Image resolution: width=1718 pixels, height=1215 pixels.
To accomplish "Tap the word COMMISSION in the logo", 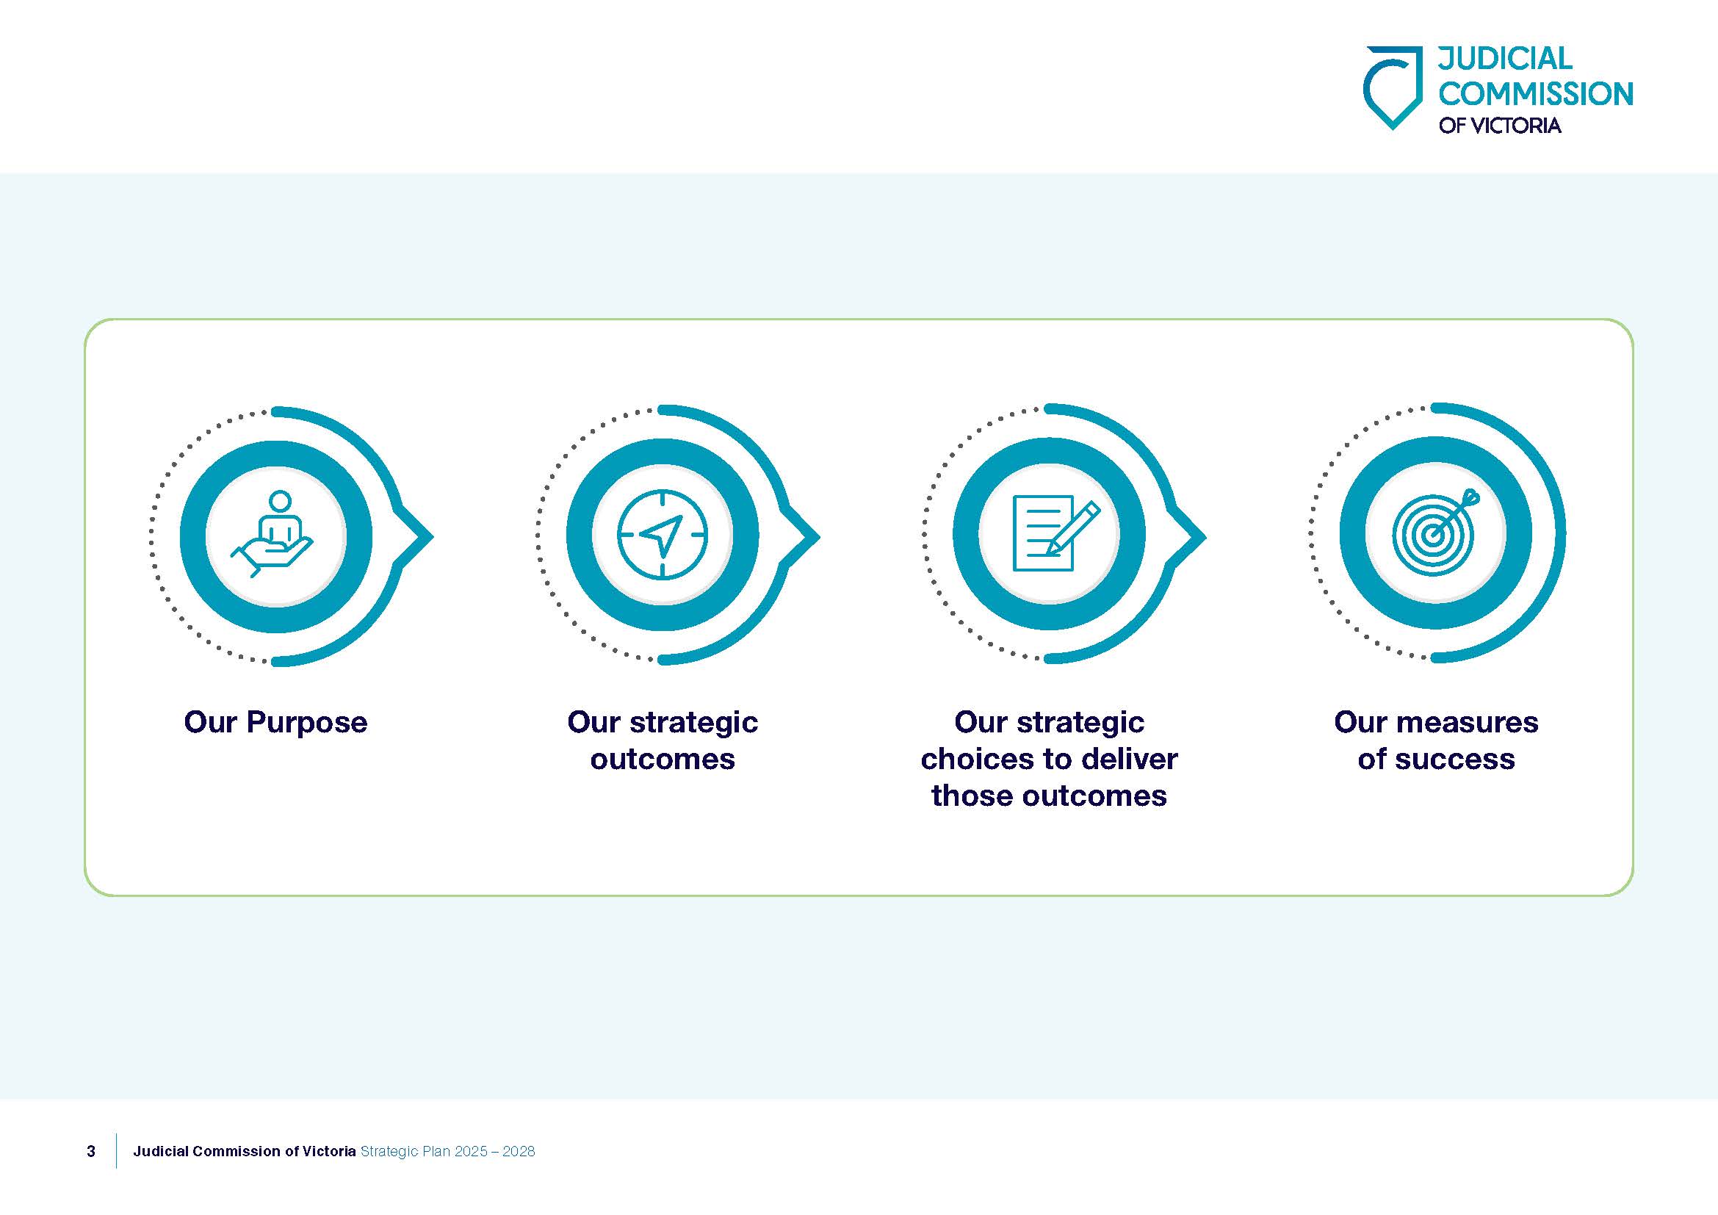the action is pos(1535,94).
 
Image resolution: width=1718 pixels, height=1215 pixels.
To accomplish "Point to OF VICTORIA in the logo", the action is pos(1500,126).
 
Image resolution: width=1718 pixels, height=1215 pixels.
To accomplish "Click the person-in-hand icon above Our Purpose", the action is pos(273,533).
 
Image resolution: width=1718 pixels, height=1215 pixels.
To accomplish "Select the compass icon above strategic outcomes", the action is pos(663,534).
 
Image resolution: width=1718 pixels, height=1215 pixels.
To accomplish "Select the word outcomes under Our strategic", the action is pos(663,760).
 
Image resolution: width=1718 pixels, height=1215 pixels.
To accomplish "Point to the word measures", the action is pos(1467,723).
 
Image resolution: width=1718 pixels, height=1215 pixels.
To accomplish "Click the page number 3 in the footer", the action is pos(91,1151).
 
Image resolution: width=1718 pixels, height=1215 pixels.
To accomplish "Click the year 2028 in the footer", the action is pos(519,1151).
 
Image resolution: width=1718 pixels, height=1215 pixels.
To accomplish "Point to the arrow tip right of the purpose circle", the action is pos(433,536).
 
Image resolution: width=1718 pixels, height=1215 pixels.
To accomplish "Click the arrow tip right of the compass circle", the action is pos(820,536).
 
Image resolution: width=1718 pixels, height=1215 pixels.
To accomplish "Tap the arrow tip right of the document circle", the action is pos(1205,536).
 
